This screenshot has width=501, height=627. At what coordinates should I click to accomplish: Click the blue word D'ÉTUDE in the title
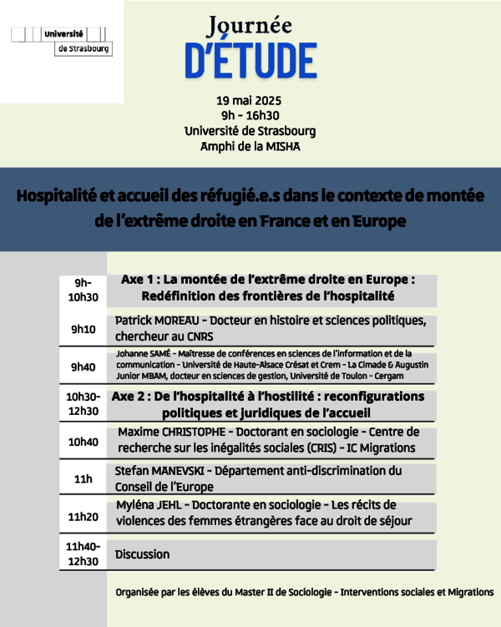click(x=250, y=59)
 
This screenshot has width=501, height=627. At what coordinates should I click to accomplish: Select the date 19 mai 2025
click(x=250, y=100)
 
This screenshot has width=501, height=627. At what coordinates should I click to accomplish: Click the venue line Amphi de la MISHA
click(x=250, y=146)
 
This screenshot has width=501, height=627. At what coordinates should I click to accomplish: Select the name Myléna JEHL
click(x=147, y=506)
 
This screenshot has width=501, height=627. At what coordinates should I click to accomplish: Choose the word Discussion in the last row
click(x=142, y=554)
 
